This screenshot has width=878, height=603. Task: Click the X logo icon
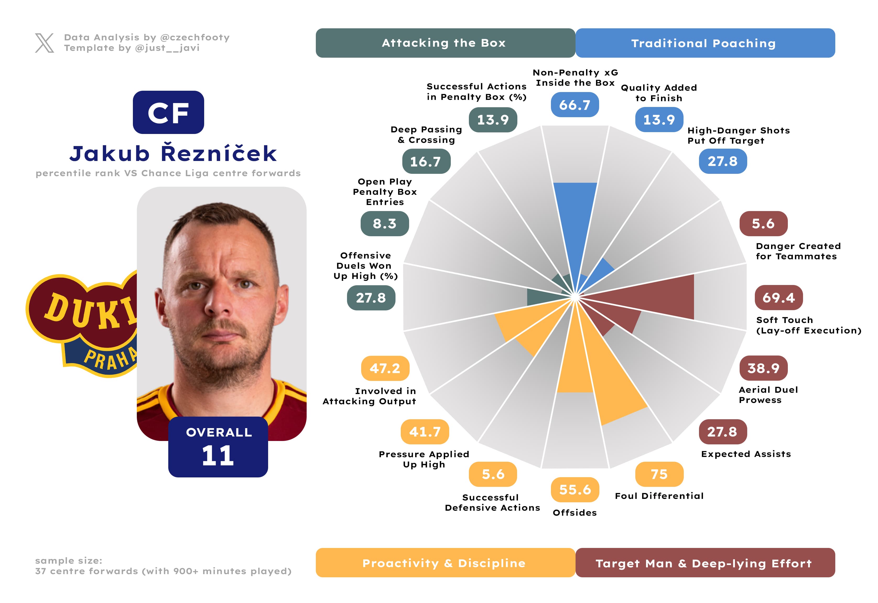point(44,43)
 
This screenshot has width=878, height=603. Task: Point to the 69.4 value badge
point(779,298)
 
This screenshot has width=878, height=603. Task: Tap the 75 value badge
point(659,474)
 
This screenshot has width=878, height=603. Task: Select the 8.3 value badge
point(384,224)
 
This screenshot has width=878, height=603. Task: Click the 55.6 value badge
point(575,490)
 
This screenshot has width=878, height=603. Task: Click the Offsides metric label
point(575,513)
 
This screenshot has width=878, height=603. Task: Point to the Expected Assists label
point(746,454)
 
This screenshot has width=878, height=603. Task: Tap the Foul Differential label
point(659,496)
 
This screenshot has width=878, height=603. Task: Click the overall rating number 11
point(218,456)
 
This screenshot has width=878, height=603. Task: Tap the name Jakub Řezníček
point(173,153)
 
